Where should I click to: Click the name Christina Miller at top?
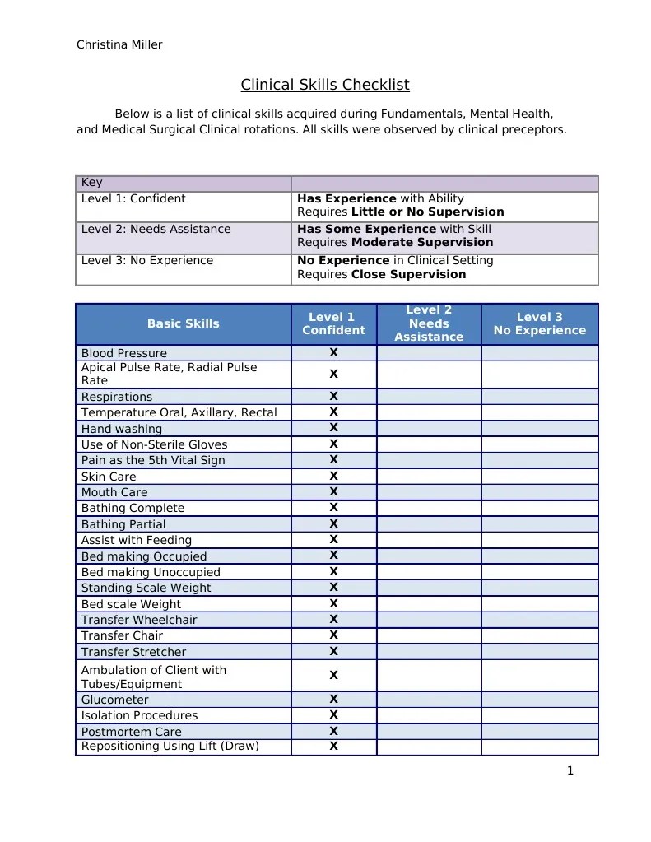119,44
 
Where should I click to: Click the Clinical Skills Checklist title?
324,85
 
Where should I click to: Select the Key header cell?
92,183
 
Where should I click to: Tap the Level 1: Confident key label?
133,198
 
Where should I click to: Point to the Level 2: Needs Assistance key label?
156,229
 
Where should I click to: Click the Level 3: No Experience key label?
146,260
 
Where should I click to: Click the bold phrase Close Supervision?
408,274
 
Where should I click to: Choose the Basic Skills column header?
183,323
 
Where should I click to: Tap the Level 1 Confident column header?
333,323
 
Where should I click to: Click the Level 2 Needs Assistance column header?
428,323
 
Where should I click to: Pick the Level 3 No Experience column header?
539,323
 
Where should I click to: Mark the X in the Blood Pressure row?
333,352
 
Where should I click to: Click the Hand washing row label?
122,429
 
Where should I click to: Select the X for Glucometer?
333,699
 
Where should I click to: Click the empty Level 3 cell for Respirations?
539,396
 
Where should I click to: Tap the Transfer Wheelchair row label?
139,620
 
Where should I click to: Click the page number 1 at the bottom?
570,771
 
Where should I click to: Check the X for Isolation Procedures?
333,714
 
